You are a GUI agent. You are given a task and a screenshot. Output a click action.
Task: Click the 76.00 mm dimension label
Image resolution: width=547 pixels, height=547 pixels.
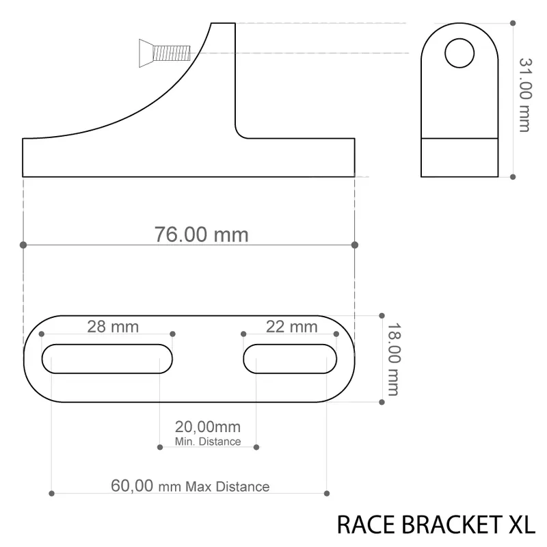click(201, 235)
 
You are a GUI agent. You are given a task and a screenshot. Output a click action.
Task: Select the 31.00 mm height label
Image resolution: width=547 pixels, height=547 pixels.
click(525, 95)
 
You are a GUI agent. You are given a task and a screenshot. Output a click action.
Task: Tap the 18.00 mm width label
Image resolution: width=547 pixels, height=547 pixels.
click(394, 359)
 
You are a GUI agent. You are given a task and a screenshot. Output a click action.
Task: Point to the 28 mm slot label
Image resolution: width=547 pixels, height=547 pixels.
click(113, 327)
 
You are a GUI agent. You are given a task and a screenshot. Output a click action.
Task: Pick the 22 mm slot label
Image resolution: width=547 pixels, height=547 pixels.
click(292, 327)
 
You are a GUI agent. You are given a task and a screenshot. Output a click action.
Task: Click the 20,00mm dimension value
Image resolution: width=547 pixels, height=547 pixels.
click(208, 427)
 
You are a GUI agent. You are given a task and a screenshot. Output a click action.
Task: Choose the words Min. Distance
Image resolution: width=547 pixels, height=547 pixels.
click(208, 441)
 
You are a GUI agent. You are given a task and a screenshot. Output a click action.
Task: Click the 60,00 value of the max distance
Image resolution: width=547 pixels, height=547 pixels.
click(132, 485)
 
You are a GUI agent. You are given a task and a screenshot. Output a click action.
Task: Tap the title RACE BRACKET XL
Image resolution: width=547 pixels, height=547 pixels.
click(436, 524)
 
